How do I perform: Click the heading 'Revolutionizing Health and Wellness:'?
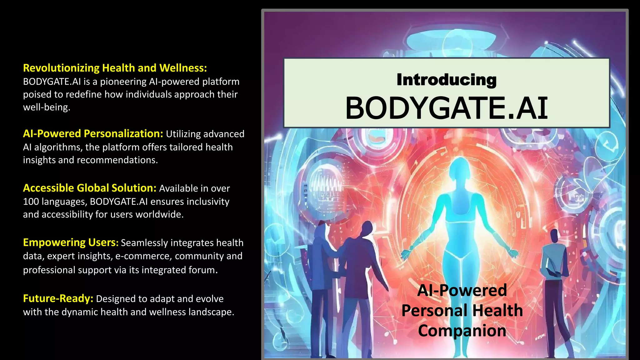pyautogui.click(x=115, y=68)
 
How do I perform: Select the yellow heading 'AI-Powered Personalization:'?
pyautogui.click(x=93, y=134)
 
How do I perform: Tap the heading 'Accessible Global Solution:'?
pyautogui.click(x=89, y=188)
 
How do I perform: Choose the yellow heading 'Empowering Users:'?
pyautogui.click(x=71, y=242)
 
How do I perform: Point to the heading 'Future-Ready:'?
pyautogui.click(x=58, y=298)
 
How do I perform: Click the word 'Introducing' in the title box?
pyautogui.click(x=446, y=80)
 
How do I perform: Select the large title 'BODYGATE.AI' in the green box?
pyautogui.click(x=446, y=108)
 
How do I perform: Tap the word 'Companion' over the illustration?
pyautogui.click(x=462, y=331)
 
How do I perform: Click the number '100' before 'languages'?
pyautogui.click(x=31, y=202)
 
